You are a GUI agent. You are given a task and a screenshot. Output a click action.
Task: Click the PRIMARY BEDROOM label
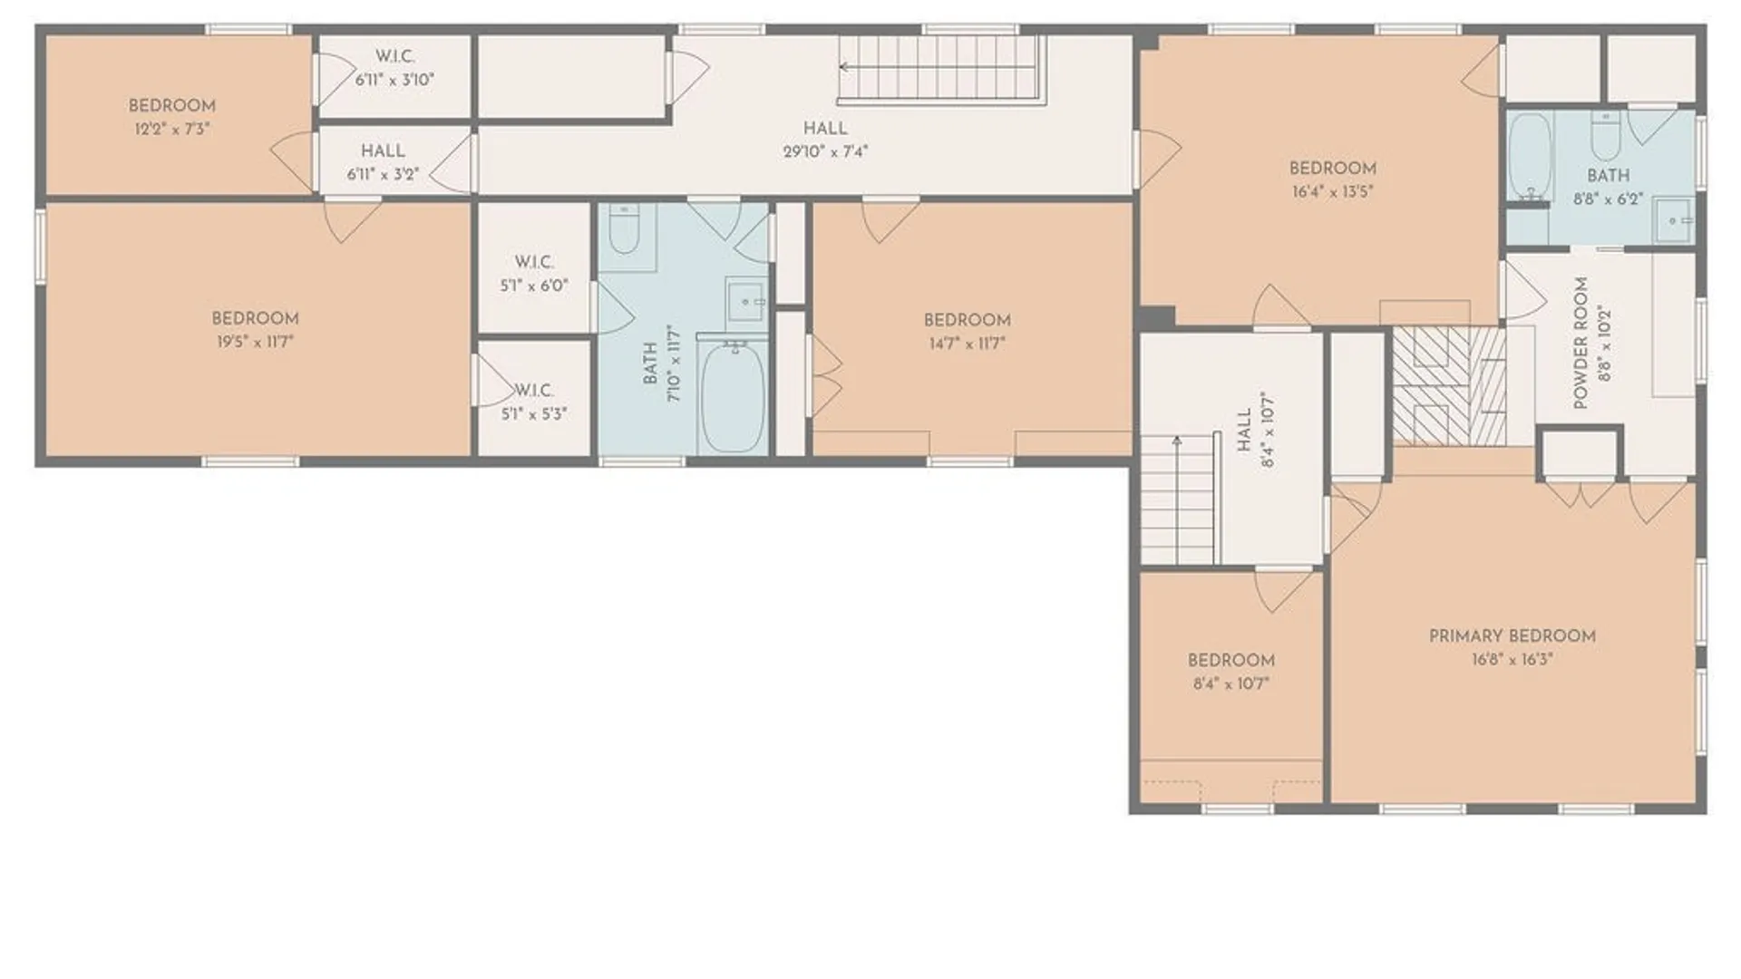(1512, 636)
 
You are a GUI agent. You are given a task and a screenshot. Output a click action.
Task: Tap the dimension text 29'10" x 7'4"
(825, 151)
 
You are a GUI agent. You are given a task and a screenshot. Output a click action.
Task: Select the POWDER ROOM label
(1581, 343)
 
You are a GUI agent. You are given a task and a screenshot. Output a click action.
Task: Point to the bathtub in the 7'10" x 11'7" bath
(734, 397)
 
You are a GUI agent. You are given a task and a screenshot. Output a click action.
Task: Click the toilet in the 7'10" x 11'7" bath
(624, 229)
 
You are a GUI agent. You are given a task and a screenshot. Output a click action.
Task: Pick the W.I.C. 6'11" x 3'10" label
(394, 68)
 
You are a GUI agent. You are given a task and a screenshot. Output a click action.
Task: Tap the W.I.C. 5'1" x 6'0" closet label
(534, 274)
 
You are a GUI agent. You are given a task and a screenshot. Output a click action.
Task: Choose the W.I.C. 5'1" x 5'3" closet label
(534, 402)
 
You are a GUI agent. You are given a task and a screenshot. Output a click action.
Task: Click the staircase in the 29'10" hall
(940, 68)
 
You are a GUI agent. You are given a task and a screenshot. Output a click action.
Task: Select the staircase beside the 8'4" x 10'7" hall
(1178, 499)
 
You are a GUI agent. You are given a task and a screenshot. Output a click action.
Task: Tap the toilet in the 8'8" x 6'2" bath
(1606, 136)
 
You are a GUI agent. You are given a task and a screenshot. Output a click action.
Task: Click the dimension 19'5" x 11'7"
(255, 342)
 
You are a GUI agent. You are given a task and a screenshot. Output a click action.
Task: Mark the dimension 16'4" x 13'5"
(1333, 191)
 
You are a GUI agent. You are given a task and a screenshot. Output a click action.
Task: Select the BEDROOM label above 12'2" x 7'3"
(172, 106)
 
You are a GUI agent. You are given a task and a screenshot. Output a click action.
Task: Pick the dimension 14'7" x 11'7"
(968, 344)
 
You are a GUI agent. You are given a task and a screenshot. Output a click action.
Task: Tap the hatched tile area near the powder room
(1448, 386)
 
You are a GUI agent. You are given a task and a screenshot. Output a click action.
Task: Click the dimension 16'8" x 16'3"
(1512, 659)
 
